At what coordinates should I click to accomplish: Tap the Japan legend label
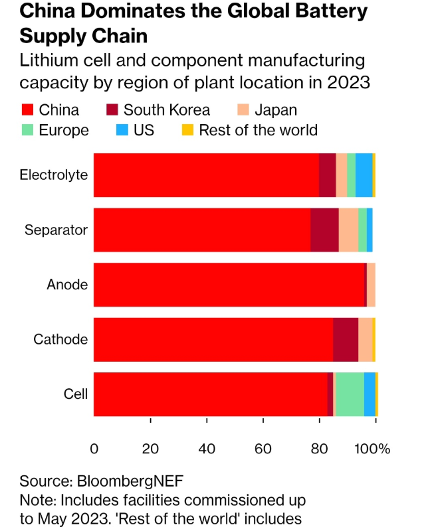[276, 110]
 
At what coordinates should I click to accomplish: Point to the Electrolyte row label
[54, 175]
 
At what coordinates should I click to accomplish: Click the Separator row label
[56, 230]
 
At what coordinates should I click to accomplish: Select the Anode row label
[67, 285]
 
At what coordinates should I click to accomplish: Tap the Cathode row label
[61, 339]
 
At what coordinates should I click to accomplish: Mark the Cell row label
[76, 394]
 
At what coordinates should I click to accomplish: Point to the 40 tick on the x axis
[207, 449]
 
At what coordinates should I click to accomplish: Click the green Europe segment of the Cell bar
[350, 394]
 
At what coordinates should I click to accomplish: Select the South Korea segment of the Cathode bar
[346, 339]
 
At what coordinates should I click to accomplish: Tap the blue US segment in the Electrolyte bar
[364, 175]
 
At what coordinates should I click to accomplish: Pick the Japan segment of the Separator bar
[348, 230]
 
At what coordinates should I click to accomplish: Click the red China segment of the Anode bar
[229, 285]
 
